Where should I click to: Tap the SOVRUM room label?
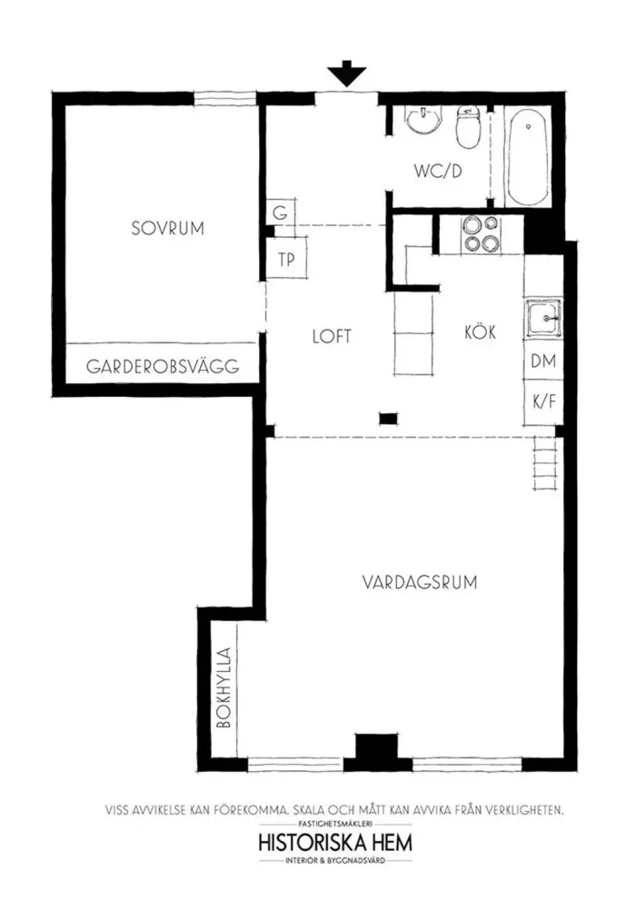(167, 228)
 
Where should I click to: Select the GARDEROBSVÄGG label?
(163, 366)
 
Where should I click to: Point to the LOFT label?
(332, 336)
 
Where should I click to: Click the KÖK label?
(480, 332)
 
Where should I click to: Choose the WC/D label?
(438, 171)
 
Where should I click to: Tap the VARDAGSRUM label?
(420, 582)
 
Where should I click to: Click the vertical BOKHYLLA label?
(224, 687)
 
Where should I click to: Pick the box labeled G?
(281, 213)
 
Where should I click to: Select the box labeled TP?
(286, 259)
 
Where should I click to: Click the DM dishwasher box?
(543, 361)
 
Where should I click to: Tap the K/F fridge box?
(543, 401)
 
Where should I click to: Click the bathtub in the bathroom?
(528, 157)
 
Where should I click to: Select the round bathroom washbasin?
(425, 120)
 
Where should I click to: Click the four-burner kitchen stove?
(481, 234)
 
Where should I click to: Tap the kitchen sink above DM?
(542, 317)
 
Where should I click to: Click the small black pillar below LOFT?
(389, 419)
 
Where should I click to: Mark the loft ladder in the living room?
(545, 462)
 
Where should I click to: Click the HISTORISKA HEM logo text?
(335, 843)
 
